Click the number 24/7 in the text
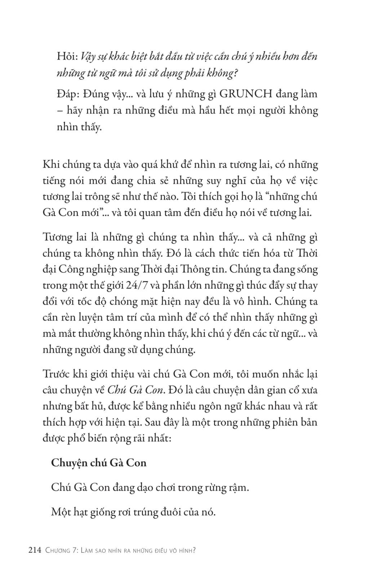coord(136,285)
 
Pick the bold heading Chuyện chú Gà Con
coord(99,462)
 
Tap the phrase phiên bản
coord(295,422)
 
